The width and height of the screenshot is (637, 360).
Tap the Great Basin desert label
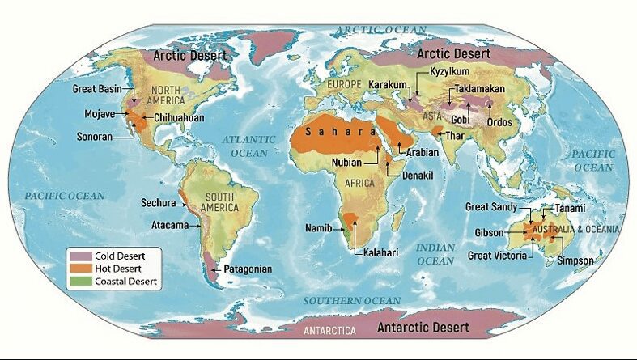(96, 88)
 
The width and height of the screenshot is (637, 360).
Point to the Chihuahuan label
(177, 118)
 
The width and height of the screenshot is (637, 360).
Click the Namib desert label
(318, 228)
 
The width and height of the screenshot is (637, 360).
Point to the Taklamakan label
(481, 87)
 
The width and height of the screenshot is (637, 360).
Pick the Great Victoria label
(497, 256)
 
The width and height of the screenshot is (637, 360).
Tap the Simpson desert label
(575, 260)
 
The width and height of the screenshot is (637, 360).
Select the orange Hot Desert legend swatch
(81, 269)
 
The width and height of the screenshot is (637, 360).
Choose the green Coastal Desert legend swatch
(81, 282)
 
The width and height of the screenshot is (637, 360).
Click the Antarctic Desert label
(423, 328)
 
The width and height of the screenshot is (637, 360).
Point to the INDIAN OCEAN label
(435, 254)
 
